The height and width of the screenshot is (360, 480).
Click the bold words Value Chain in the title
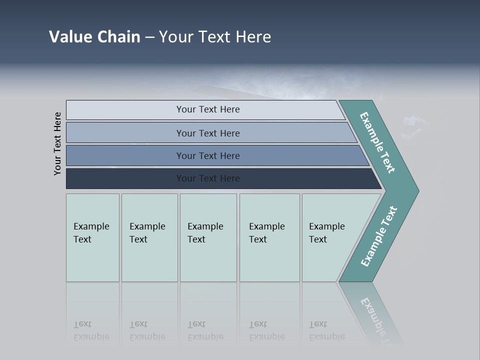coord(94,37)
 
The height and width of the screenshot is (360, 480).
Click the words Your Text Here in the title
coord(215,37)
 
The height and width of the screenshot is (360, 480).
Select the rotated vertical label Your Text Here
coord(57,143)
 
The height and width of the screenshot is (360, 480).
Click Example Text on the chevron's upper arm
coord(377,142)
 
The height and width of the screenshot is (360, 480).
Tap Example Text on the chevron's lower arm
coord(378,236)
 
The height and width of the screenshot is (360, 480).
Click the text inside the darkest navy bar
coord(208,178)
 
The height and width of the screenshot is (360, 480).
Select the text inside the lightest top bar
coord(208,109)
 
